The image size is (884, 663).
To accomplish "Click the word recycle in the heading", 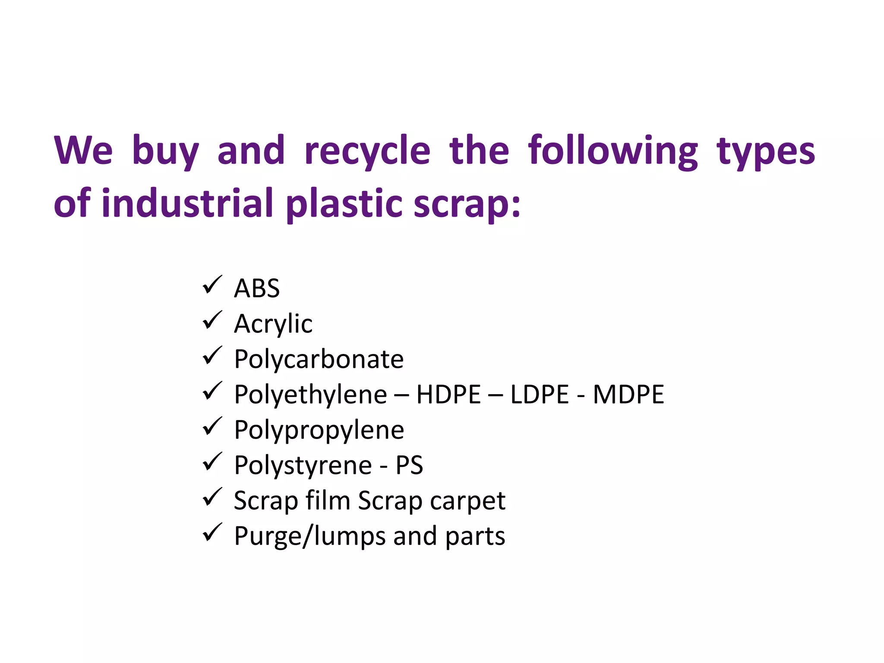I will pyautogui.click(x=367, y=151).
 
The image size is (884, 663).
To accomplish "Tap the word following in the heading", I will pyautogui.click(x=613, y=151).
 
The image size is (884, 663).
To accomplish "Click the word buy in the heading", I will pyautogui.click(x=165, y=151).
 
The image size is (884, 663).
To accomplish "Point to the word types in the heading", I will pyautogui.click(x=766, y=151).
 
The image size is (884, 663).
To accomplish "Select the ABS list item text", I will pyautogui.click(x=257, y=288).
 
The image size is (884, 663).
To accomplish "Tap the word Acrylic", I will pyautogui.click(x=273, y=324).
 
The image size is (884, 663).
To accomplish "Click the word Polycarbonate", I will pyautogui.click(x=319, y=359).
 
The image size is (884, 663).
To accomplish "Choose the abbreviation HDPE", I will pyautogui.click(x=448, y=395).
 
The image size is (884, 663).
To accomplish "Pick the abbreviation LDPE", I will pyautogui.click(x=540, y=395).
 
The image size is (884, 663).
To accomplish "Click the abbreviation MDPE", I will pyautogui.click(x=628, y=395).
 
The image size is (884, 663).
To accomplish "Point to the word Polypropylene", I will pyautogui.click(x=319, y=430).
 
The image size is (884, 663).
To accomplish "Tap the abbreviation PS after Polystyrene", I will pyautogui.click(x=409, y=465).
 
